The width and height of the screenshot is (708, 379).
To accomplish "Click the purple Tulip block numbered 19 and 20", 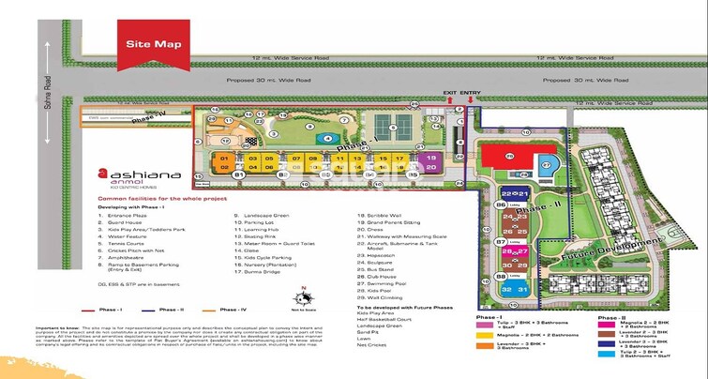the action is tap(430, 163).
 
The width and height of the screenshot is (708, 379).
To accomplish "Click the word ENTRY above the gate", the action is tap(469, 93).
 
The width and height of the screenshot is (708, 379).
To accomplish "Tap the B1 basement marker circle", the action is tap(240, 174).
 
